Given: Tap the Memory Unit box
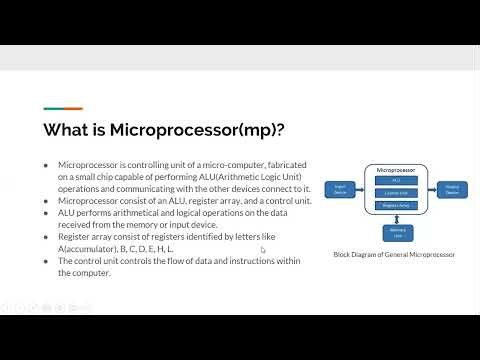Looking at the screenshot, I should pos(396,231).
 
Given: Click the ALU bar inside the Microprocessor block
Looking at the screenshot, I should pos(396,181).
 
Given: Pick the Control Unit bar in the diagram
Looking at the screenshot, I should pos(396,192).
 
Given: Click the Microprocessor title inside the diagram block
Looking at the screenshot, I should pos(396,170).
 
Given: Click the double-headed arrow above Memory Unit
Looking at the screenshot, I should pos(396,217).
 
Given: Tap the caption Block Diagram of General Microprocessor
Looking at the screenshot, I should pos(395,255).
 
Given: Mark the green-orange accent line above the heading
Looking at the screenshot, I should pos(62,109).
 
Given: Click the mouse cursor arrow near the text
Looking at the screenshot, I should pos(262,249).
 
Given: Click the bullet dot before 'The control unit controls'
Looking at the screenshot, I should pos(46,260).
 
